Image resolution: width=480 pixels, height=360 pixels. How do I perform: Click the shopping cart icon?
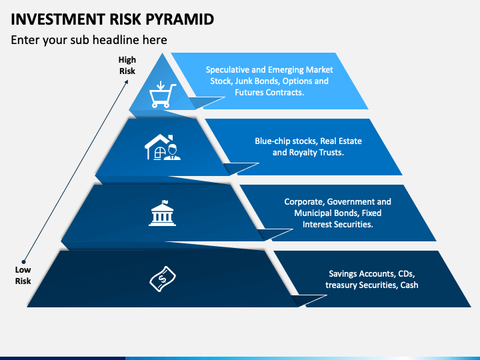163,94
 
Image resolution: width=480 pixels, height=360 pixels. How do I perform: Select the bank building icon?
162,213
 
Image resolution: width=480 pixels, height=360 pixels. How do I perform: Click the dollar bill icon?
163,279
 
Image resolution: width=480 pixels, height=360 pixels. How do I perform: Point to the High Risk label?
127,65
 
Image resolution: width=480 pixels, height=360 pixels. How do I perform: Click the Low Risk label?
23,275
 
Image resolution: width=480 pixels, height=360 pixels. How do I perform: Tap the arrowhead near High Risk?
127,82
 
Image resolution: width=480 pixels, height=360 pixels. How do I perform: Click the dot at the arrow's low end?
23,262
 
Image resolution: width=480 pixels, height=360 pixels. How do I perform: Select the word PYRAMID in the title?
179,19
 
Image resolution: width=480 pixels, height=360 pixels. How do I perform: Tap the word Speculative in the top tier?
228,70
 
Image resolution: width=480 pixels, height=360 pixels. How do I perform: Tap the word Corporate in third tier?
304,202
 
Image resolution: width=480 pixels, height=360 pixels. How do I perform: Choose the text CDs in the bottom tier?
406,274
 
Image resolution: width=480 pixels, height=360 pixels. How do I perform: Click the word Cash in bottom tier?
409,285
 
